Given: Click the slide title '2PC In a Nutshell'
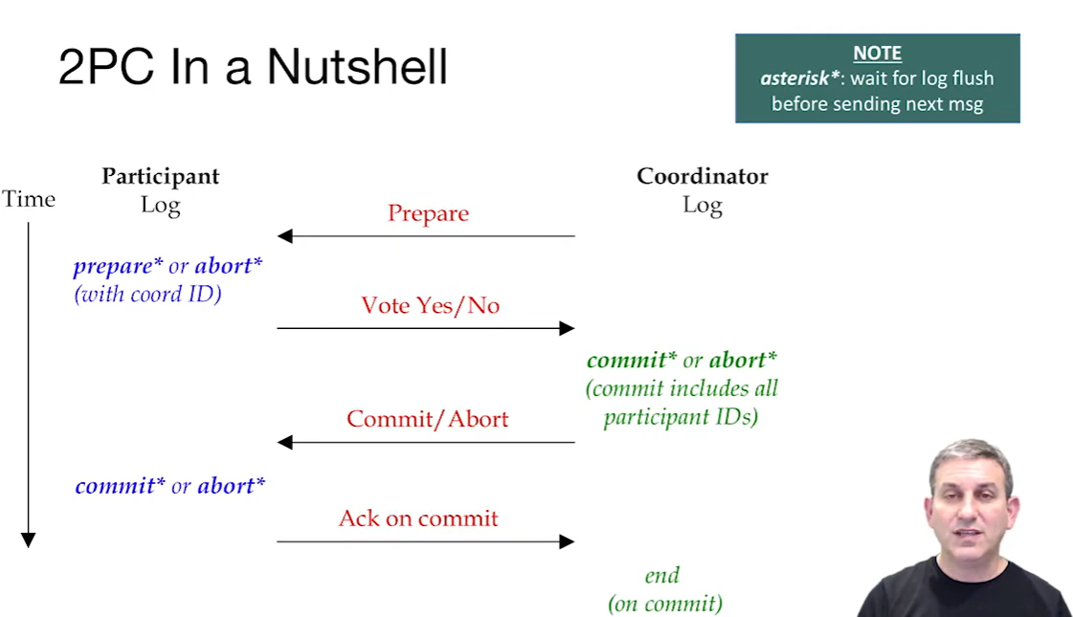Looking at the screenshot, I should click(253, 67).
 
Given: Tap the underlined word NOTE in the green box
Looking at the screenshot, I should click(877, 54).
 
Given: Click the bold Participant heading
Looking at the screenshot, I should click(161, 176).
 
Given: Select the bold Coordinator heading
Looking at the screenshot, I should click(702, 176).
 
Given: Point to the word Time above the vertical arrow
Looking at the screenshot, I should click(29, 199).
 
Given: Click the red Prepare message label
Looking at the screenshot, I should click(428, 213).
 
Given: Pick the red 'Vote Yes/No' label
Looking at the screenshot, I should click(430, 305).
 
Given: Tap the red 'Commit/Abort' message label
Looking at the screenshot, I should click(427, 419).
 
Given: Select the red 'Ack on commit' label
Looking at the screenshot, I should click(418, 518).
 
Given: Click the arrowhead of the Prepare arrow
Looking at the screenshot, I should click(284, 235).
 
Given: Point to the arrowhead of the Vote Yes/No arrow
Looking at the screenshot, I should click(567, 328).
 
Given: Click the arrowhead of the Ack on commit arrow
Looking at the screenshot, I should click(567, 541).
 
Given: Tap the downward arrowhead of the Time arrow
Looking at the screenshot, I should click(29, 540).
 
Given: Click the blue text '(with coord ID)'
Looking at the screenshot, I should click(147, 294).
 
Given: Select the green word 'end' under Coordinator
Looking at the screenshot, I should click(662, 575).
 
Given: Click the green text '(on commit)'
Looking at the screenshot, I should click(665, 604).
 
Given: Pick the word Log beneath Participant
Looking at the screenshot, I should click(160, 205).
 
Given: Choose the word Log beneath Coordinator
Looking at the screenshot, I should click(702, 205).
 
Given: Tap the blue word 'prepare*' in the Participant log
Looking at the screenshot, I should click(118, 266).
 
